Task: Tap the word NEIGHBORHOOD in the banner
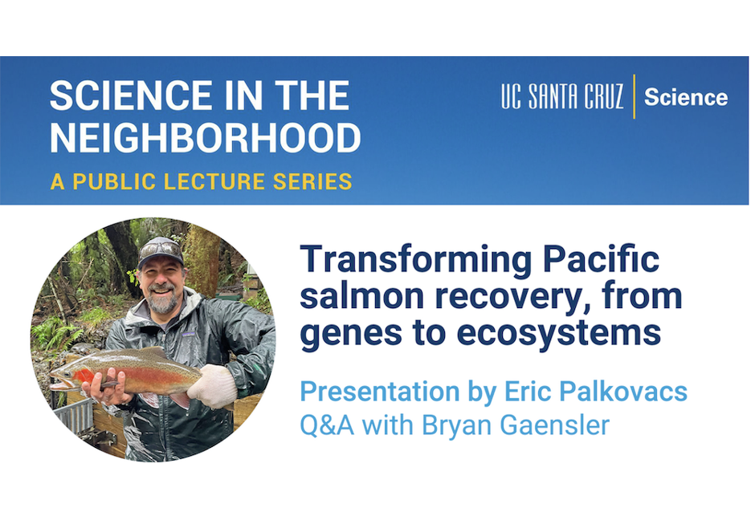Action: pyautogui.click(x=205, y=138)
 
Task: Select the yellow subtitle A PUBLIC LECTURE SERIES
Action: pyautogui.click(x=201, y=182)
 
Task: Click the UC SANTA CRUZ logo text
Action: pyautogui.click(x=562, y=98)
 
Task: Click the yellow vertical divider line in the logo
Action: pyautogui.click(x=634, y=97)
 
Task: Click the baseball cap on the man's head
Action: pyautogui.click(x=161, y=251)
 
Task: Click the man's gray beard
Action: pyautogui.click(x=164, y=303)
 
